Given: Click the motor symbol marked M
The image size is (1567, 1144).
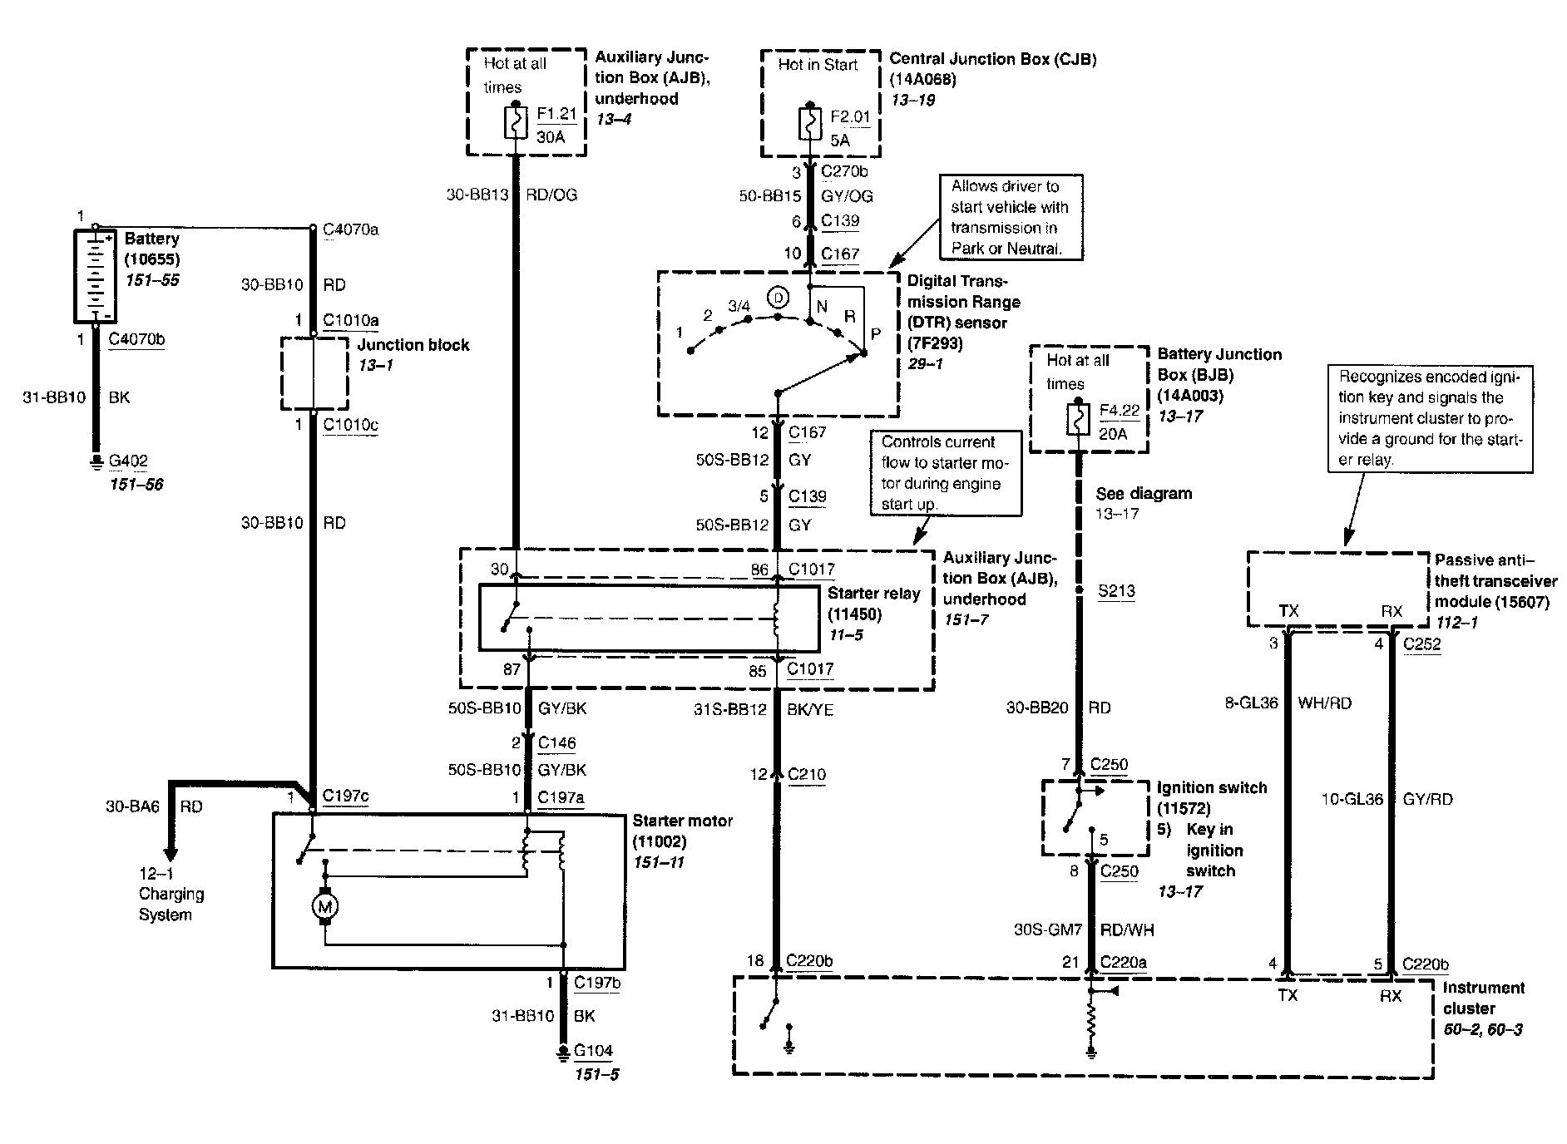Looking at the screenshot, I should click(324, 905).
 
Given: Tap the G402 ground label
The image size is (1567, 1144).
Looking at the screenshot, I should click(128, 461).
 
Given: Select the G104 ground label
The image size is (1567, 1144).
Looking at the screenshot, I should click(593, 1050).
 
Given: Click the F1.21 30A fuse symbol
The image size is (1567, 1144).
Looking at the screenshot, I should click(517, 124).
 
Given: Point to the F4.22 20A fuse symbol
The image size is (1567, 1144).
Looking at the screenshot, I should click(1078, 419).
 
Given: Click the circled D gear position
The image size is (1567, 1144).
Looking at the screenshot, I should click(778, 297).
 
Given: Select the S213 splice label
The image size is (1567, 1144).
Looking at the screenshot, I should click(1116, 591).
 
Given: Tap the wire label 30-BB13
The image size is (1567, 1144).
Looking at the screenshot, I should click(477, 195).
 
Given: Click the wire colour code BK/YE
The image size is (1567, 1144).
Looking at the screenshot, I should click(810, 709).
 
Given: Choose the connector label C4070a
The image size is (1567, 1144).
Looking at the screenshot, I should click(350, 229).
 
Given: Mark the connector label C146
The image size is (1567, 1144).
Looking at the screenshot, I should click(556, 742).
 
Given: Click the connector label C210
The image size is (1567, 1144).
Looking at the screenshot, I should click(806, 774).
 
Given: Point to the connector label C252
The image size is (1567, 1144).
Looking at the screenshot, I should click(1421, 643).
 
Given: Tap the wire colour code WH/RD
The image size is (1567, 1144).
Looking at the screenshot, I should click(1324, 703).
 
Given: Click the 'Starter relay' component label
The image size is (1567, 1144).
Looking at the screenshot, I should click(873, 594).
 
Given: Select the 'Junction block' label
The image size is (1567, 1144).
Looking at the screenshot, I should click(413, 345).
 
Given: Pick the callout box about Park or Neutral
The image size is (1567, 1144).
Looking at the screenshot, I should click(1011, 217).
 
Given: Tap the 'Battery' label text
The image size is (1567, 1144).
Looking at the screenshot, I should click(151, 239).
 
